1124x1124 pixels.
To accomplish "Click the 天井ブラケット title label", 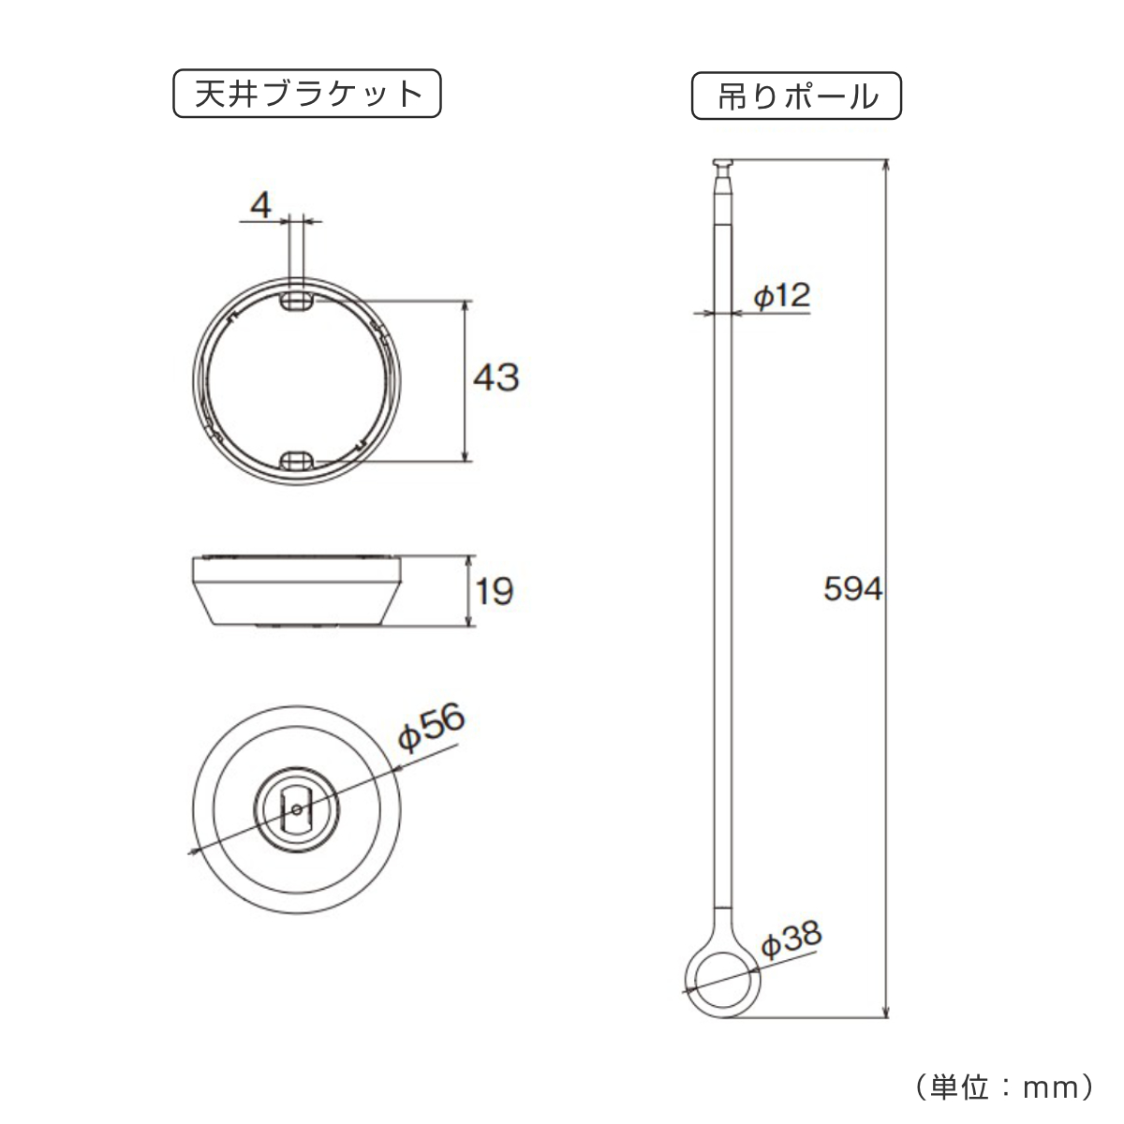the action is point(307,94).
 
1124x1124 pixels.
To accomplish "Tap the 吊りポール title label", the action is point(796,96).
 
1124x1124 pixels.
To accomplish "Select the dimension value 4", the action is point(260,205).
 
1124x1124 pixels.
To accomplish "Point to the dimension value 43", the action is point(495,377).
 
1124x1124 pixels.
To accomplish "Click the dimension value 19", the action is point(495,591).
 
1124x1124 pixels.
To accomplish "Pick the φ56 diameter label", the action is point(431,726).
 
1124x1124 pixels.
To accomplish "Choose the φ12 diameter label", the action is point(781,295).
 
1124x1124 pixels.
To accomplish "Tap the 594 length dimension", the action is point(852,588).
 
